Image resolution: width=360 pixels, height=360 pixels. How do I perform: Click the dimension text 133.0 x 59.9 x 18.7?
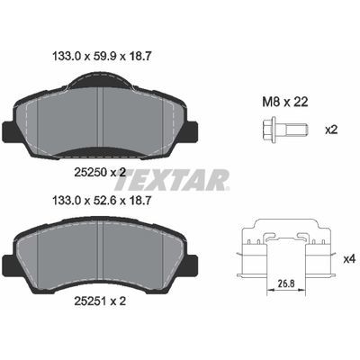pyautogui.click(x=102, y=56)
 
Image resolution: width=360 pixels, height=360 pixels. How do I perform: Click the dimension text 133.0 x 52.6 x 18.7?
pyautogui.click(x=102, y=201)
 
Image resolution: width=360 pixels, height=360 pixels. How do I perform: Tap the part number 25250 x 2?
pyautogui.click(x=99, y=172)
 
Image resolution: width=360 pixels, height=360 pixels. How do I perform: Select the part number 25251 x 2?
pyautogui.click(x=100, y=301)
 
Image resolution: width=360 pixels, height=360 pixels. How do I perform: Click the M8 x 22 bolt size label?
pyautogui.click(x=285, y=103)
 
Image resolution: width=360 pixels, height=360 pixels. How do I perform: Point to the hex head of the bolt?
pyautogui.click(x=269, y=130)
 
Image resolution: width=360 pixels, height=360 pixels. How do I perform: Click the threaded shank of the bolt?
pyautogui.click(x=295, y=130)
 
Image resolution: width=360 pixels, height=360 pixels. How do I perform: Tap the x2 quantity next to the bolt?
pyautogui.click(x=332, y=130)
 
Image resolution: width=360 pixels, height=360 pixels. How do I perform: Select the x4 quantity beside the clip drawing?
pyautogui.click(x=349, y=259)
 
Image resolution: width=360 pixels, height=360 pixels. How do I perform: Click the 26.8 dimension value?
pyautogui.click(x=286, y=283)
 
